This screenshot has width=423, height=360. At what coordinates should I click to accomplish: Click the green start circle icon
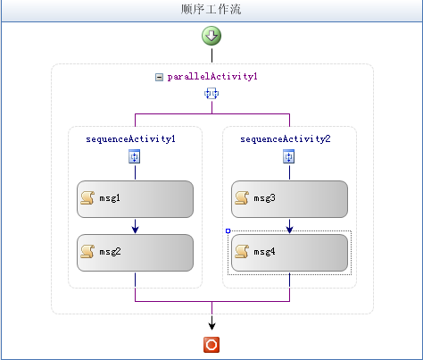pyautogui.click(x=211, y=36)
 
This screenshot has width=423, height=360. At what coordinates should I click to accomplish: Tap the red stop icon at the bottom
pyautogui.click(x=211, y=345)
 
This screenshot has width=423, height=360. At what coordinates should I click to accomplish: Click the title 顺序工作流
pyautogui.click(x=211, y=9)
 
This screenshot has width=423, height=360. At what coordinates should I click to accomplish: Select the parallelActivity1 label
pyautogui.click(x=212, y=77)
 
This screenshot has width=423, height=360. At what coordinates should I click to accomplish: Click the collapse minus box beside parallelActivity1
pyautogui.click(x=159, y=78)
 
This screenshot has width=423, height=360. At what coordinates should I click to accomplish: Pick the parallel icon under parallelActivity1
pyautogui.click(x=211, y=94)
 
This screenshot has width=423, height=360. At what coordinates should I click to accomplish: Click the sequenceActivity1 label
pyautogui.click(x=130, y=139)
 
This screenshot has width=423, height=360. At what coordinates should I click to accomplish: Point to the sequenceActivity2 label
pyautogui.click(x=286, y=139)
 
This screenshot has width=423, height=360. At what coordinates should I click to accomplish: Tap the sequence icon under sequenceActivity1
pyautogui.click(x=135, y=157)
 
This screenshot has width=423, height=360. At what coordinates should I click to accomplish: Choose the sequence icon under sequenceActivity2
pyautogui.click(x=289, y=157)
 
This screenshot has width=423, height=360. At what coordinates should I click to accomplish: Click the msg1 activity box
pyautogui.click(x=135, y=199)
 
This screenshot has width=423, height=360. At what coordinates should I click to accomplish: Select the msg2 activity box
pyautogui.click(x=135, y=253)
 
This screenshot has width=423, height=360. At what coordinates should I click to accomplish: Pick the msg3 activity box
pyautogui.click(x=289, y=199)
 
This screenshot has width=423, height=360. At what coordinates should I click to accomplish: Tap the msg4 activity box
pyautogui.click(x=289, y=253)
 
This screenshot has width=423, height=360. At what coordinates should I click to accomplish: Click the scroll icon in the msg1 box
pyautogui.click(x=87, y=198)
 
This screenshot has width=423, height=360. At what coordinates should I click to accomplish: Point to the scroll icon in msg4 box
pyautogui.click(x=242, y=252)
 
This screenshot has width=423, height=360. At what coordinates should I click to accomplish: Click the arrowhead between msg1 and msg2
pyautogui.click(x=135, y=229)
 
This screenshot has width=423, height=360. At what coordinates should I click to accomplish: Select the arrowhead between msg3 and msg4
pyautogui.click(x=289, y=229)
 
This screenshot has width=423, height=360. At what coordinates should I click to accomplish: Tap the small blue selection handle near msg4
pyautogui.click(x=228, y=230)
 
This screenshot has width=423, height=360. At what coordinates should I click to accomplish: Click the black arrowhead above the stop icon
pyautogui.click(x=211, y=326)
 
